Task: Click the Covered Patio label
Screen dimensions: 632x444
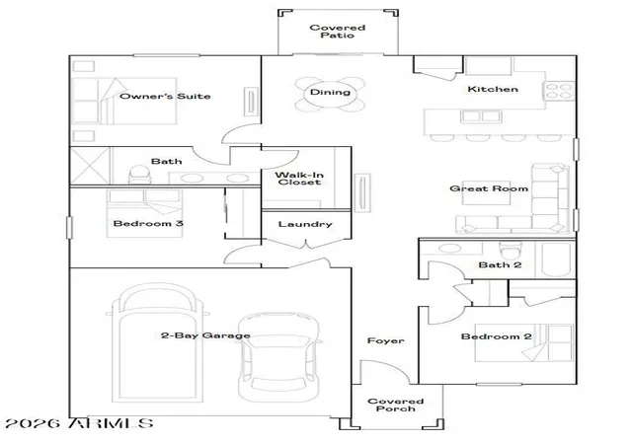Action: click(338, 32)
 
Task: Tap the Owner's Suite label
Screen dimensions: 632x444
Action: click(165, 96)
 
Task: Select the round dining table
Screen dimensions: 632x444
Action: click(330, 94)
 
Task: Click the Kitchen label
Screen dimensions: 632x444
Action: click(493, 89)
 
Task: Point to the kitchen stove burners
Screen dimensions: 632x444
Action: click(559, 91)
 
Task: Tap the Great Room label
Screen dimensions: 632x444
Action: click(489, 188)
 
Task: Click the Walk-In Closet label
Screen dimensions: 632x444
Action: click(299, 178)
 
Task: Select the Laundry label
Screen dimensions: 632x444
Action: click(305, 224)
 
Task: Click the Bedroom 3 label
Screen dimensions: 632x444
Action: click(148, 223)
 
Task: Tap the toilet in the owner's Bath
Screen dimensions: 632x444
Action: click(139, 175)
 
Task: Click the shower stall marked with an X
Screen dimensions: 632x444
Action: click(90, 166)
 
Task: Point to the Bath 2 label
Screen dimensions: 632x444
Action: click(500, 264)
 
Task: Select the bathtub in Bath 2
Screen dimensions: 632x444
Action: click(555, 259)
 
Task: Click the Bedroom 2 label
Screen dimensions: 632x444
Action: click(496, 336)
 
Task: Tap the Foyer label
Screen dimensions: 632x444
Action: click(385, 340)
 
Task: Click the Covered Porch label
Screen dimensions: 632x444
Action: click(395, 405)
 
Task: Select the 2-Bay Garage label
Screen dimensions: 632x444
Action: click(205, 335)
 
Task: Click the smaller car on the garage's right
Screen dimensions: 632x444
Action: click(278, 357)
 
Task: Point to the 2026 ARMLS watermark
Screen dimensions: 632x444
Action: click(79, 423)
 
